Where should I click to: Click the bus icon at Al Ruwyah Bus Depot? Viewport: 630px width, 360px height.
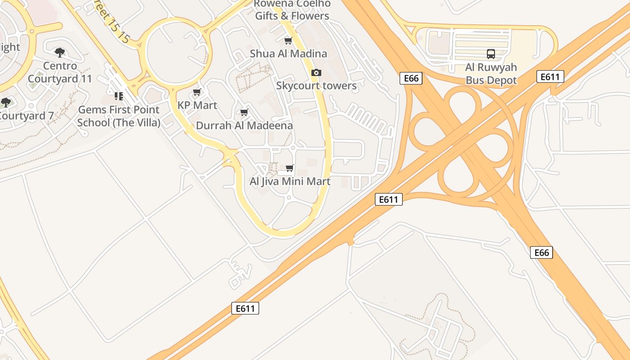pos(491,54)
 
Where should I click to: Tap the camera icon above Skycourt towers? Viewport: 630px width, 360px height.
pos(316,72)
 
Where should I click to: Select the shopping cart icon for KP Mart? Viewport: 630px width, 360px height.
pos(197,92)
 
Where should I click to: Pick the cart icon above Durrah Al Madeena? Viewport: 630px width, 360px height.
pos(244,112)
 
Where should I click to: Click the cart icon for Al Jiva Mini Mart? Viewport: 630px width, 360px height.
pos(290,168)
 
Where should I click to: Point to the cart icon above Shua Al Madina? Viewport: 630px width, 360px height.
pos(288,40)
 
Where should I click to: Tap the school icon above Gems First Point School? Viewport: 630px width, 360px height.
pos(119,96)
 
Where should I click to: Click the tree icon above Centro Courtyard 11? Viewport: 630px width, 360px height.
pos(60,53)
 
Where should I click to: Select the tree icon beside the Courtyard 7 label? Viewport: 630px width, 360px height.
pos(5,103)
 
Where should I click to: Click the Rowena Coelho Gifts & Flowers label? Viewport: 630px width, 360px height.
pos(292,10)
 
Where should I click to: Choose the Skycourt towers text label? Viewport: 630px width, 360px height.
pos(316,85)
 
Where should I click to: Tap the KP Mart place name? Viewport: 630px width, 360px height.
pos(197,105)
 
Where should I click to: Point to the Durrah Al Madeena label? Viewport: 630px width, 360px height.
pos(244,126)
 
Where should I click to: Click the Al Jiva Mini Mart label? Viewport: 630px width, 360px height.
pos(290,181)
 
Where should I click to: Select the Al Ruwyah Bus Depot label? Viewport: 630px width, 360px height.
pos(491,74)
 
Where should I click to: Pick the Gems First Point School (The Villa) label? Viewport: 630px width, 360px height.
pos(119,116)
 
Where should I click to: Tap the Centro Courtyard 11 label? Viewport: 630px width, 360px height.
pos(60,72)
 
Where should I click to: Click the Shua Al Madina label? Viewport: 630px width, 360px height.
pos(288,54)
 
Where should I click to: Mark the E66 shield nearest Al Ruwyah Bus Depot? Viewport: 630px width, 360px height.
pos(411,78)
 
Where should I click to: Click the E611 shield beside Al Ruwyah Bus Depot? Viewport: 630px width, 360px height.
pos(550,76)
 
